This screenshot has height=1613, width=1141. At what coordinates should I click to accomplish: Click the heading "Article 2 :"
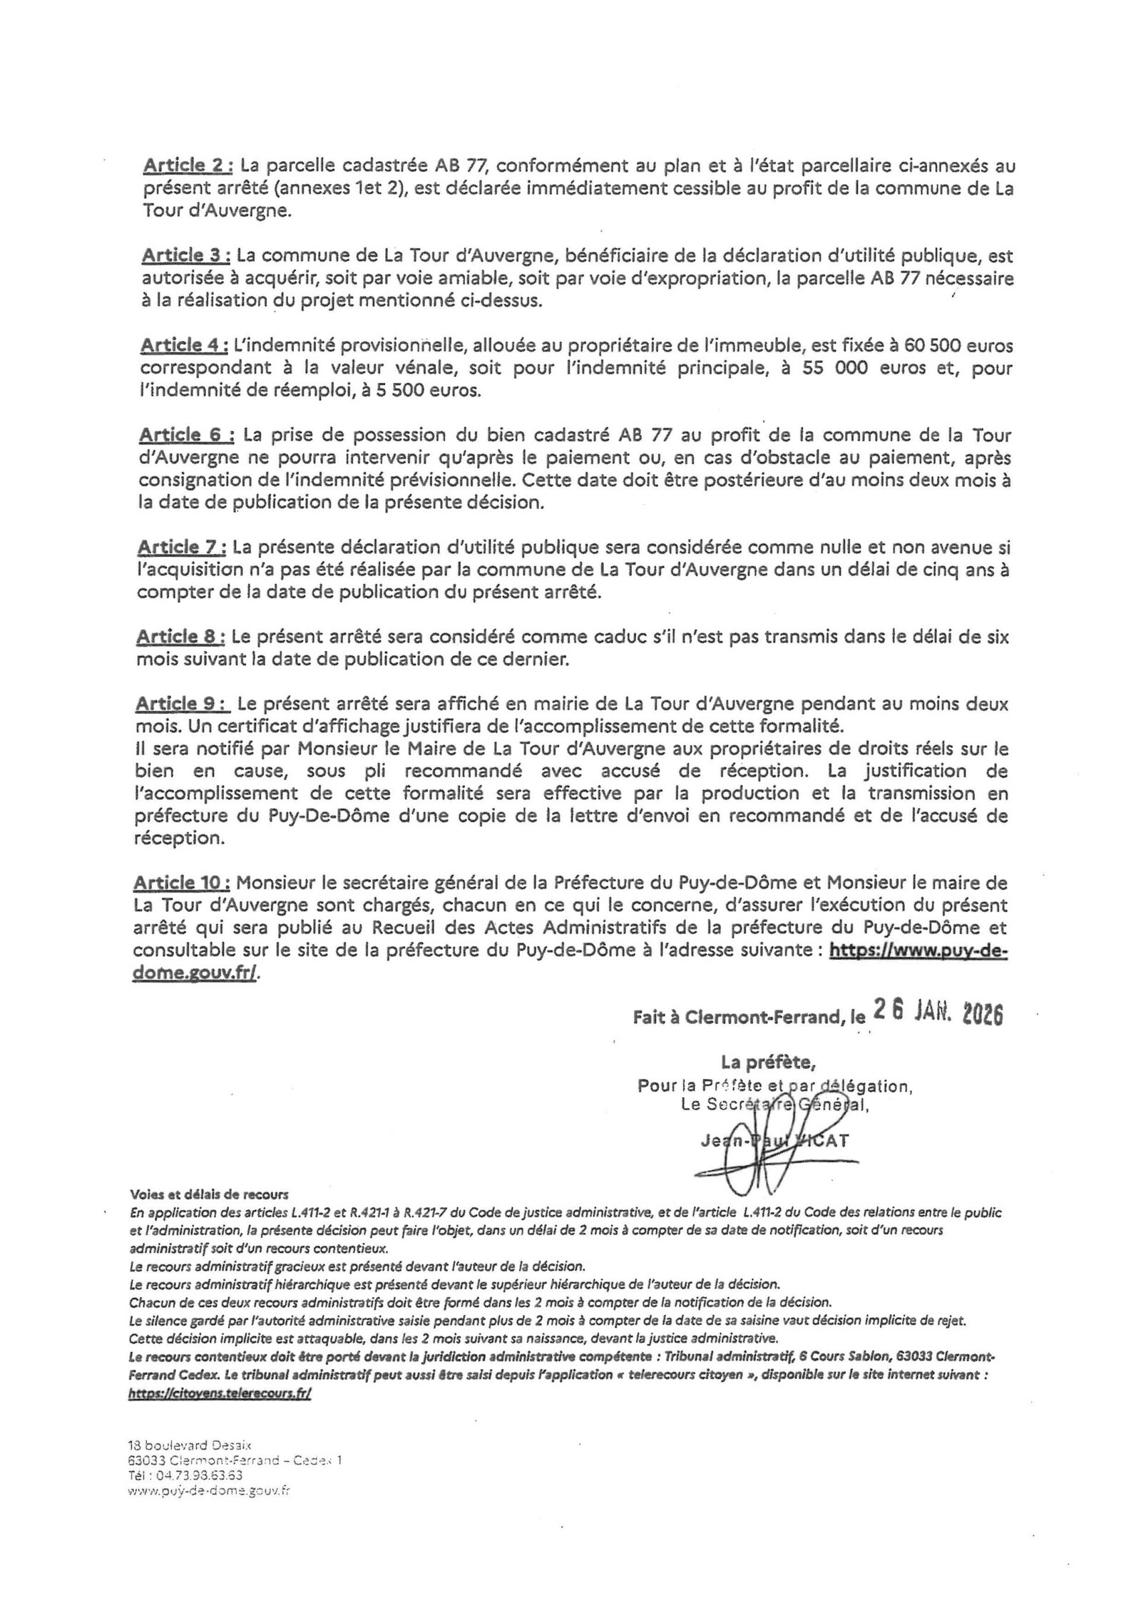click(x=188, y=166)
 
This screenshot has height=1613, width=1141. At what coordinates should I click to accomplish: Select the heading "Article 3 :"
click(x=185, y=255)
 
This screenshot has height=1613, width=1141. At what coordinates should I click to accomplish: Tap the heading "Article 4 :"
click(x=184, y=345)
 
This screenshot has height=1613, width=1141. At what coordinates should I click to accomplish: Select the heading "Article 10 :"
click(x=182, y=883)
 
